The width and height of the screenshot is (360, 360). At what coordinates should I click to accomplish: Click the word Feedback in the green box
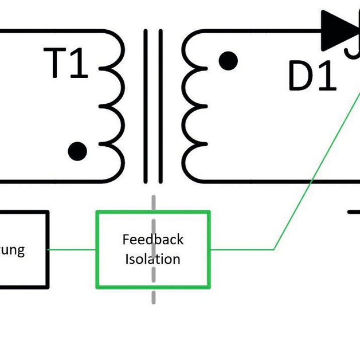(153, 240)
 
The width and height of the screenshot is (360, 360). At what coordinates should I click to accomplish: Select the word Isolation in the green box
(153, 259)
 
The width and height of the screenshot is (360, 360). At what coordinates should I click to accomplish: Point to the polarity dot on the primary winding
(77, 151)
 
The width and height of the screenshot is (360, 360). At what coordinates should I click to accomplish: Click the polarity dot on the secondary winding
(228, 60)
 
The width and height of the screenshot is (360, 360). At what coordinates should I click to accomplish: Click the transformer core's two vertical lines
(153, 106)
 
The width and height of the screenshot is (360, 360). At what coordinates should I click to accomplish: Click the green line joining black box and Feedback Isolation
(72, 249)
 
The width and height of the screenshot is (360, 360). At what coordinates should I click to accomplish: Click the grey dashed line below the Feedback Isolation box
(154, 295)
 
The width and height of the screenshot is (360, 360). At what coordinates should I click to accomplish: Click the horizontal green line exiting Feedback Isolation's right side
(241, 249)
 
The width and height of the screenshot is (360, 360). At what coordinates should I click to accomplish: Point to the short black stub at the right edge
(354, 212)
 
